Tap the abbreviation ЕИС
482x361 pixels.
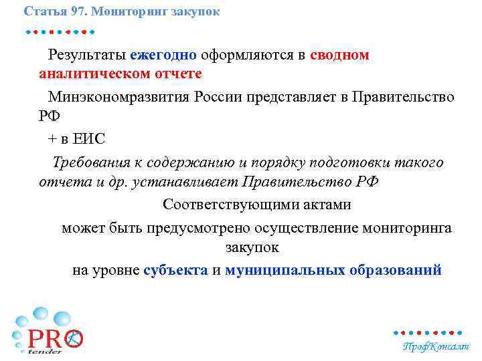[89, 138]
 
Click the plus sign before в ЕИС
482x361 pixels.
[53, 138]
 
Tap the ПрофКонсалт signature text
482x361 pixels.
[434, 346]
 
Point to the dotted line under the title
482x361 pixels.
[60, 31]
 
